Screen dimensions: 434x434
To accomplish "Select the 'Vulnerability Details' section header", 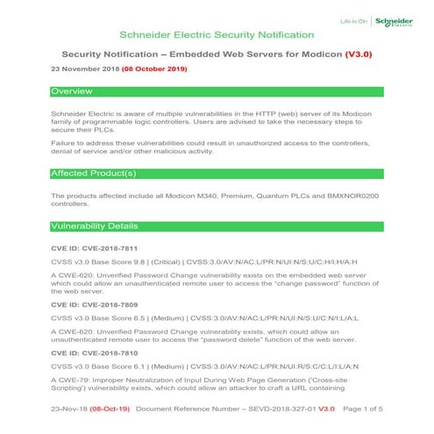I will (94, 226).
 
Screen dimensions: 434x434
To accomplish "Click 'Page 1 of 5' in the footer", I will (360, 409).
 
